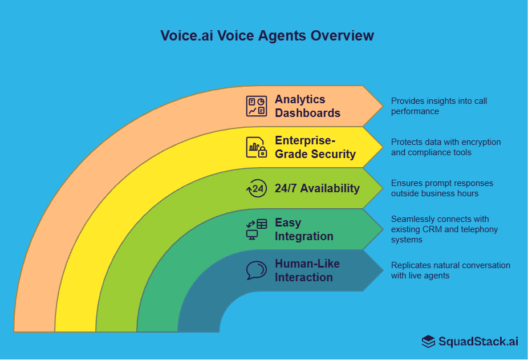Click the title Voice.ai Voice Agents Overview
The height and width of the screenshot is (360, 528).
pos(267,36)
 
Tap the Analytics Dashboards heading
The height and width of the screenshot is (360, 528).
pos(307,106)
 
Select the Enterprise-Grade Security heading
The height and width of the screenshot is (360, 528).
pos(315,147)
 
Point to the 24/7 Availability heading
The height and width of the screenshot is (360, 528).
pos(317,188)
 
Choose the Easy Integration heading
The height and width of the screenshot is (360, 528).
pos(304,229)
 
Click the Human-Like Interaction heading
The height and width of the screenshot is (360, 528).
pos(307,270)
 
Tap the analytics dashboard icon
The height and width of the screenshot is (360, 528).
pos(257,106)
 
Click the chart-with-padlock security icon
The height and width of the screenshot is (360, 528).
pos(257,147)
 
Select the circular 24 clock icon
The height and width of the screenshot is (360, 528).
pos(257,188)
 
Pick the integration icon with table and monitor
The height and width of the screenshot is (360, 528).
pos(257,229)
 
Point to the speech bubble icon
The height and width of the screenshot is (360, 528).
pos(257,270)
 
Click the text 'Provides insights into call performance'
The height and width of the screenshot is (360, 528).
pos(438,106)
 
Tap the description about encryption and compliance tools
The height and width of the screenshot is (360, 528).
pos(445,147)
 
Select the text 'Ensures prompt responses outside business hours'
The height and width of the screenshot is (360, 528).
pos(442,188)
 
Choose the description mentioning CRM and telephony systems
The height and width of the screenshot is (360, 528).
pos(444,229)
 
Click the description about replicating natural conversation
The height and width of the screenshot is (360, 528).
pos(450,270)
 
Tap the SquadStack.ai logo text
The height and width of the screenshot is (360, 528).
pos(478,342)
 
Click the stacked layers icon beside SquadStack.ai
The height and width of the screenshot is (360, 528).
pos(429,342)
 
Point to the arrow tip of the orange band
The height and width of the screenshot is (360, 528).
pos(381,106)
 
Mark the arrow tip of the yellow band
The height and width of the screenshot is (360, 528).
pos(381,147)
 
